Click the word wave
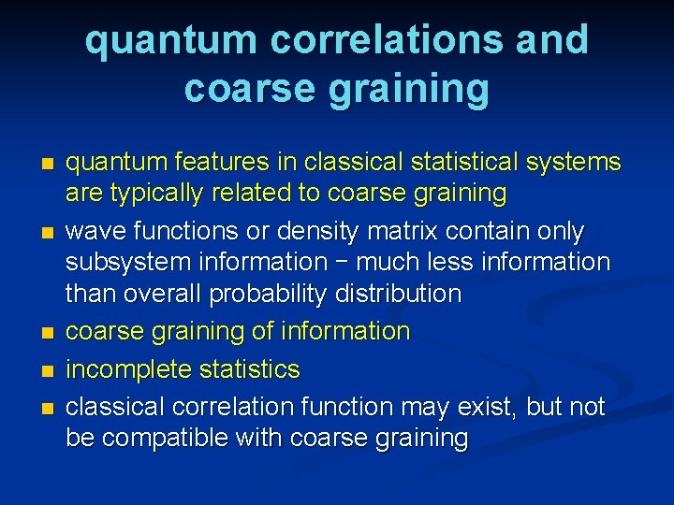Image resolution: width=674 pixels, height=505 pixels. click(93, 231)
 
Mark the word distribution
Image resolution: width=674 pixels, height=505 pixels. click(402, 295)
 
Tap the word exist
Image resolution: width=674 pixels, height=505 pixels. click(488, 407)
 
